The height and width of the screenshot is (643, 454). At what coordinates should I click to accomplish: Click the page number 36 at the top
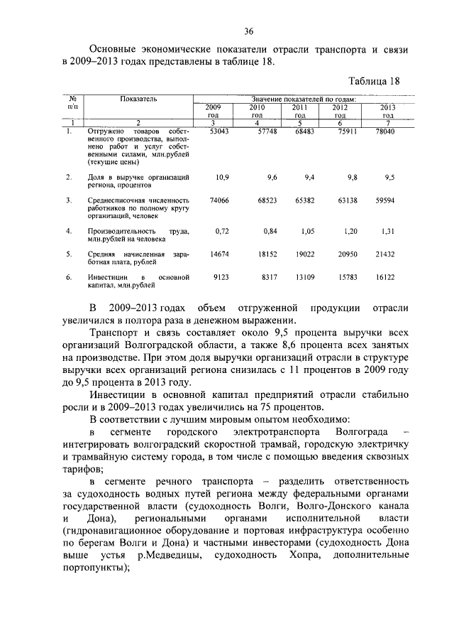point(249,31)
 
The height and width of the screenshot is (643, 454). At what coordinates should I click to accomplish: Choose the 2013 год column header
point(387,111)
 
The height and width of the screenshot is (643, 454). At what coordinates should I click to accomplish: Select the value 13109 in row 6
point(302,277)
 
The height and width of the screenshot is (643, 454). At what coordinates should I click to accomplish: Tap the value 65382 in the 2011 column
point(302,201)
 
